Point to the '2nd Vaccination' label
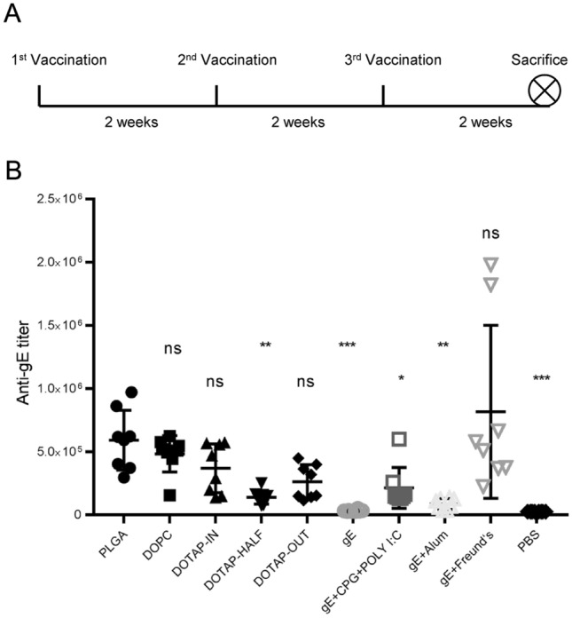(x=227, y=60)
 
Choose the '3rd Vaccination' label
(x=393, y=60)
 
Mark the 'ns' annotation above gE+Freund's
(x=490, y=233)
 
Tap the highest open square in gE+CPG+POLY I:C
(x=400, y=439)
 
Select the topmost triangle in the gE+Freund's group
(x=490, y=263)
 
